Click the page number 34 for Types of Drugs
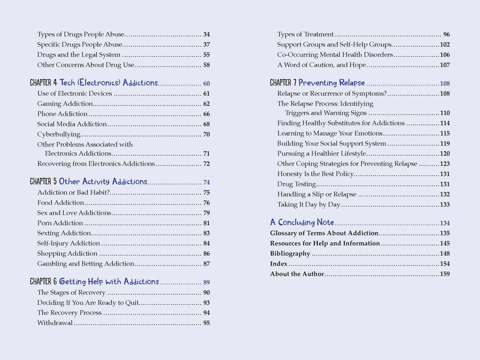(x=206, y=35)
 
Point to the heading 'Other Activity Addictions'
(x=103, y=182)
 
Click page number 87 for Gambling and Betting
(x=206, y=264)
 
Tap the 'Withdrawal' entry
(x=55, y=323)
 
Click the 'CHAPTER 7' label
(x=283, y=83)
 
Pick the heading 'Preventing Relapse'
(x=332, y=83)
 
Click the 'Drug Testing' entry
(x=296, y=184)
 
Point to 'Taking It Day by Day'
(x=309, y=204)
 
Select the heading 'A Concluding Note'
(x=302, y=223)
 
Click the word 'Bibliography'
(x=290, y=253)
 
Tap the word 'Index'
(x=278, y=264)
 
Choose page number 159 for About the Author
(x=444, y=274)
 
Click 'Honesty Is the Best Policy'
(x=315, y=174)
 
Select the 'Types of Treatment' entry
(x=305, y=35)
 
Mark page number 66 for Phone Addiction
(x=206, y=114)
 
